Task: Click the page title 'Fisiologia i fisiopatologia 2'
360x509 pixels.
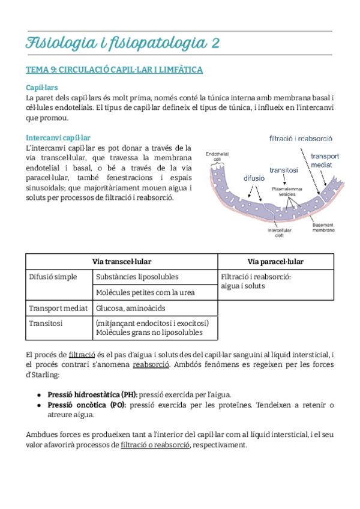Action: pyautogui.click(x=122, y=43)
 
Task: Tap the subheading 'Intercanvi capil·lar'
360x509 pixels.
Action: pyautogui.click(x=58, y=137)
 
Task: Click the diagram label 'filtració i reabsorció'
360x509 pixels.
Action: pyautogui.click(x=301, y=138)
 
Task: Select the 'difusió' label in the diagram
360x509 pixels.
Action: pyautogui.click(x=254, y=178)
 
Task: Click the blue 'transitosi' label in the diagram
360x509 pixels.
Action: pyautogui.click(x=284, y=170)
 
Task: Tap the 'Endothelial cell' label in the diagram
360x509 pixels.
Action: pyautogui.click(x=216, y=157)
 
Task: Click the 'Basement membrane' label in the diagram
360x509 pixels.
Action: pyautogui.click(x=323, y=227)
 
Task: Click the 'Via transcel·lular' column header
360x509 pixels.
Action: pyautogui.click(x=121, y=262)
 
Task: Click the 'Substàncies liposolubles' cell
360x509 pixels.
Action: pyautogui.click(x=137, y=277)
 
